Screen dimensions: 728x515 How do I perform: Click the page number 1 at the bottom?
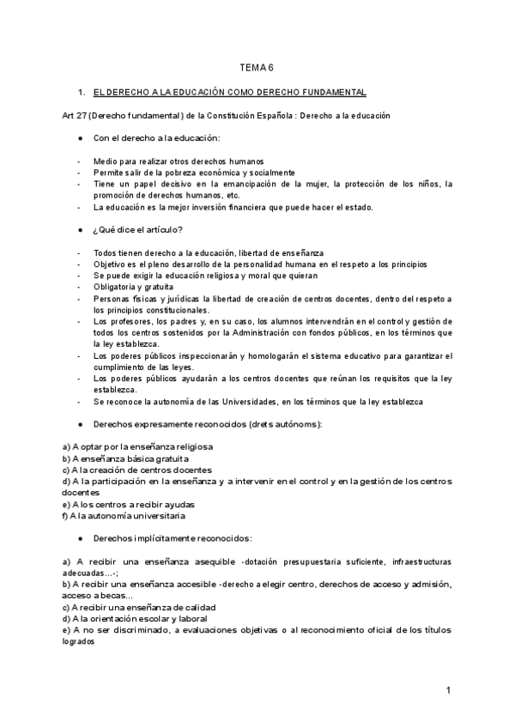click(x=448, y=689)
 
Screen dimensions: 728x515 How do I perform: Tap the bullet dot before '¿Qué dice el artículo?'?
click(x=79, y=229)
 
